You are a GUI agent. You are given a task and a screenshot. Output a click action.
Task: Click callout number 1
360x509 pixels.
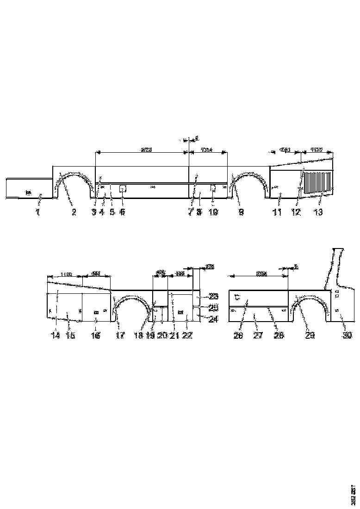coord(38,212)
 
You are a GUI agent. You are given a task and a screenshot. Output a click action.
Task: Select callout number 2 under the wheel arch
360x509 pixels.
coord(73,212)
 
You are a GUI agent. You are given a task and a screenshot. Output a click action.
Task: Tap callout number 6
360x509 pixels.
coord(123,212)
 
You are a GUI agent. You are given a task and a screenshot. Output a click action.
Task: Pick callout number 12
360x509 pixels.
coord(296,212)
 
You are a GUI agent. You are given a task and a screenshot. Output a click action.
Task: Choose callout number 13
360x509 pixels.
coord(319,212)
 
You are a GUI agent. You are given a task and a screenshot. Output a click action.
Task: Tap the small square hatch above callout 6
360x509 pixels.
coord(123,188)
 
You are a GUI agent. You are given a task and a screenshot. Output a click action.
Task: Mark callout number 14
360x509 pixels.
coord(55,336)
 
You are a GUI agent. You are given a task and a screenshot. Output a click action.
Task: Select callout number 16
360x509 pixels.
coord(96,336)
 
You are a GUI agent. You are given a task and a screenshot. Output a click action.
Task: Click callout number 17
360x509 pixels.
coord(120,336)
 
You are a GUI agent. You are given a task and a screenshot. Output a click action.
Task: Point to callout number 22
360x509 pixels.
coord(186,336)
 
